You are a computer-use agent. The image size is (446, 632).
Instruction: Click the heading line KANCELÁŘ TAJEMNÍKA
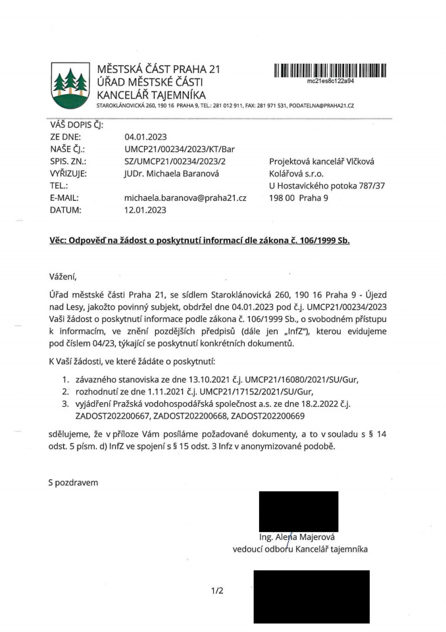coord(151,95)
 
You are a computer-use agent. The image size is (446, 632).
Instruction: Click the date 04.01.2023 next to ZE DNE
coord(145,138)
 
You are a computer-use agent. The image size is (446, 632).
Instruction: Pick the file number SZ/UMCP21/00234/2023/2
coord(170,161)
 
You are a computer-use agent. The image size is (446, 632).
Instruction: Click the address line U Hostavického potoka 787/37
coord(327,186)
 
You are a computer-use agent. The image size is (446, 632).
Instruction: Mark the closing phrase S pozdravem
coord(73,483)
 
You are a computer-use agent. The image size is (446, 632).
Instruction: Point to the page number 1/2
coord(217,591)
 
